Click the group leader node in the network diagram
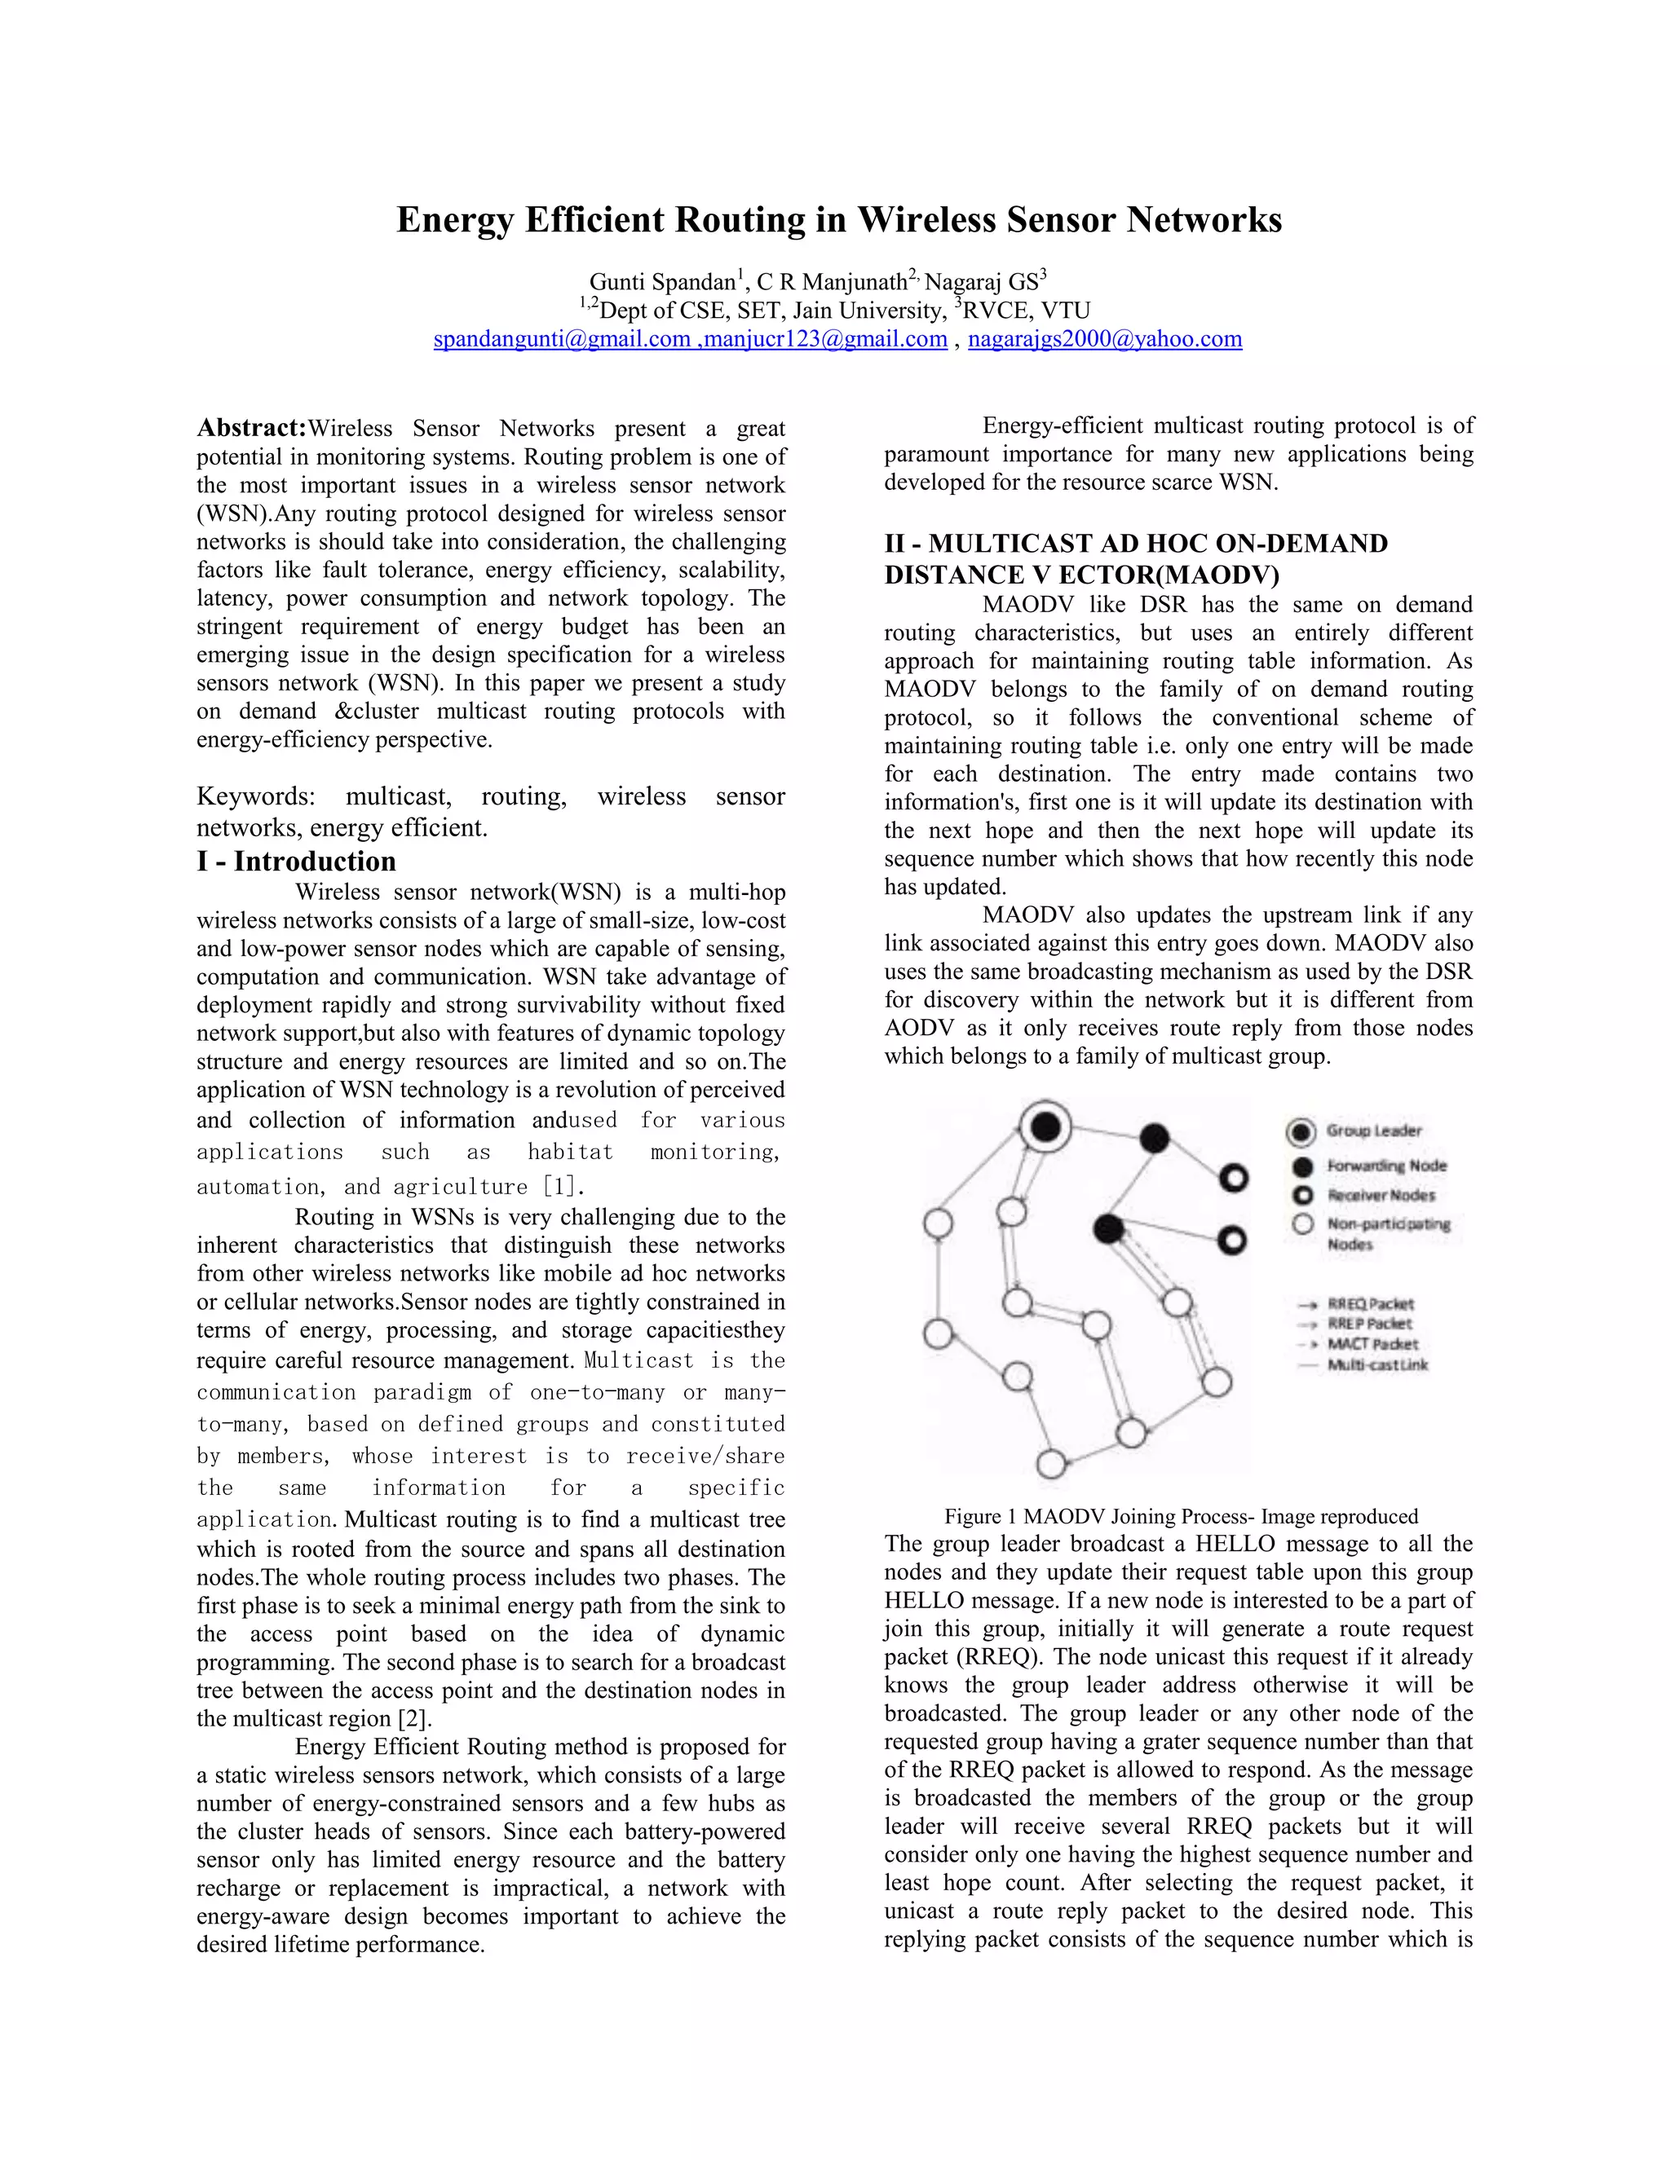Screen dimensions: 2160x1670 point(1045,1126)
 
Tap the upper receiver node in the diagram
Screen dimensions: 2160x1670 point(1233,1178)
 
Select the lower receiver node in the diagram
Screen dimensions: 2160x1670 point(1232,1241)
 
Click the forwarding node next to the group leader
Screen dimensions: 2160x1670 point(1154,1139)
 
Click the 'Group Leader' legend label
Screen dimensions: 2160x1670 point(1373,1131)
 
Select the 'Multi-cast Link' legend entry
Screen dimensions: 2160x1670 point(1377,1364)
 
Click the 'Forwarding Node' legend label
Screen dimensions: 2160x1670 point(1386,1166)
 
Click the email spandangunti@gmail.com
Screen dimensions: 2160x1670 point(561,339)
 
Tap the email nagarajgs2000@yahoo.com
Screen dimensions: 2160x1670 point(1104,339)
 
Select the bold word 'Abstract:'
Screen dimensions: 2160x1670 point(251,428)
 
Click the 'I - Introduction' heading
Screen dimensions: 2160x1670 point(296,861)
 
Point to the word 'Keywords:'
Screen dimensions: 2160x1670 point(255,796)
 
